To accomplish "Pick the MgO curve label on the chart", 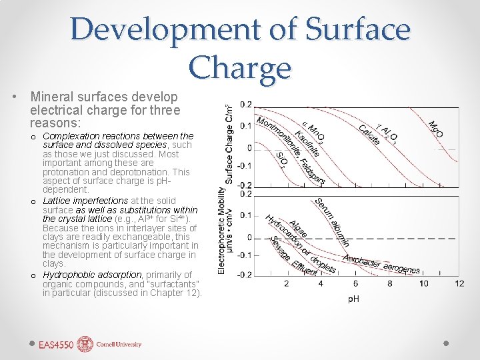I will click(437, 129).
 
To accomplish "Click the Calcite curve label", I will click(369, 134).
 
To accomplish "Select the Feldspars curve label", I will click(311, 171).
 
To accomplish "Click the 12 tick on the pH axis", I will click(459, 284).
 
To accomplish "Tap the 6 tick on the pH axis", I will click(355, 284).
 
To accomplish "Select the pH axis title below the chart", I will click(353, 299).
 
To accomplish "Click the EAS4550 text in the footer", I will click(56, 345).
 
